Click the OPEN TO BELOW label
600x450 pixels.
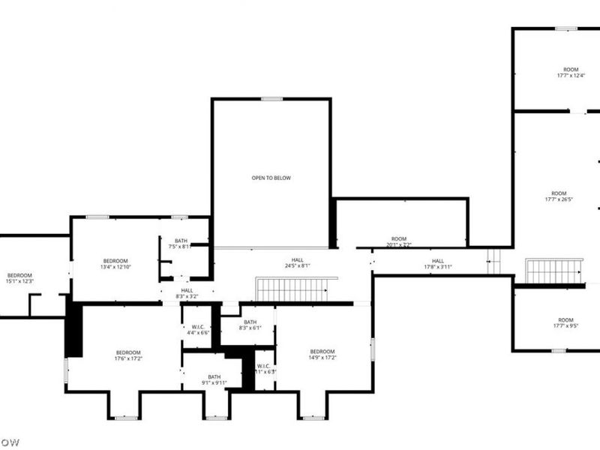coord(271,178)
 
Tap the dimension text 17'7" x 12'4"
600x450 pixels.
coord(571,76)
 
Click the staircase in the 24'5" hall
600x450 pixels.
coord(291,289)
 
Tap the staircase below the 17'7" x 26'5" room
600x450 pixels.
coord(553,271)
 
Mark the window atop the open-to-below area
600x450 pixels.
coord(271,99)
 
